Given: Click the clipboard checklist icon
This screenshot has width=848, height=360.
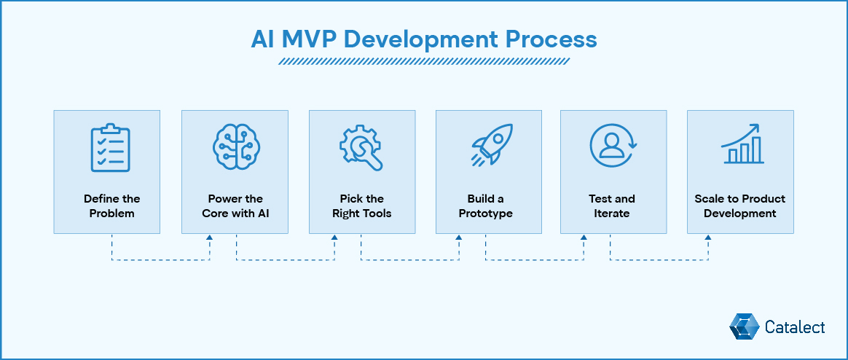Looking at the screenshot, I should point(110,149).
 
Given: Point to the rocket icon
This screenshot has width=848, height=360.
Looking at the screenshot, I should point(489,146).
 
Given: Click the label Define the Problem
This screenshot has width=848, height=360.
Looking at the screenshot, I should point(111,206).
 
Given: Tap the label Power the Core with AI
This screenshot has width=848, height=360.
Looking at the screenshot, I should point(235,206).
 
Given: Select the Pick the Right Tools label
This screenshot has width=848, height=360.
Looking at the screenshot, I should point(361,206).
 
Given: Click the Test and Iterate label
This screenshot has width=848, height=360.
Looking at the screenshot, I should point(612,206).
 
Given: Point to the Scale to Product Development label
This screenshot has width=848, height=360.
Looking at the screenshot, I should point(739,206).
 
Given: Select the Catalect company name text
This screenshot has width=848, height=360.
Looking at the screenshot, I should point(795,327).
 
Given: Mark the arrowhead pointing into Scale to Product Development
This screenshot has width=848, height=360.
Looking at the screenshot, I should point(707,238).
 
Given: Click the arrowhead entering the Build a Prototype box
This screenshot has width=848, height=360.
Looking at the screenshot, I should point(459,238).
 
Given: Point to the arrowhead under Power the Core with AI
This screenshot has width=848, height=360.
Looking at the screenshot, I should point(210,238).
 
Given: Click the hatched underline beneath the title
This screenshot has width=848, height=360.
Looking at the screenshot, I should point(424,62).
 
